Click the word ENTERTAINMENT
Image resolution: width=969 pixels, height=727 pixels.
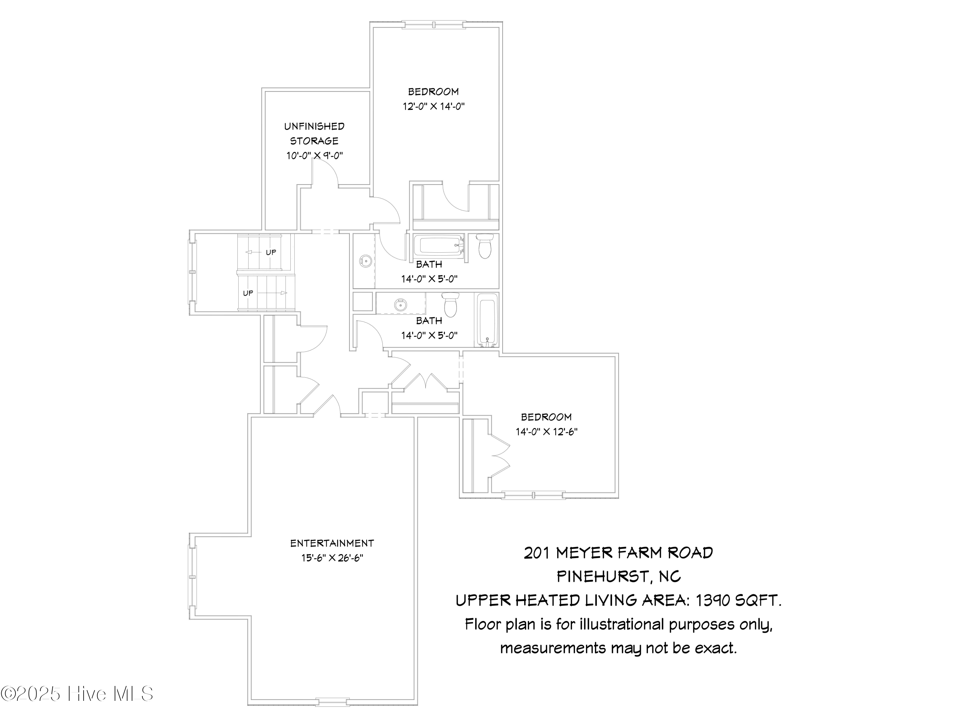332,543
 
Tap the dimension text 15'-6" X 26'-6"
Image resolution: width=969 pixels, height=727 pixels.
332,558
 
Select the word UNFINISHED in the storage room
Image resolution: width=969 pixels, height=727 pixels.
314,127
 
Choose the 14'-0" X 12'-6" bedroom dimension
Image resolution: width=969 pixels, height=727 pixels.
546,432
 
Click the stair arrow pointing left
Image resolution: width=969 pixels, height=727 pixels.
254,252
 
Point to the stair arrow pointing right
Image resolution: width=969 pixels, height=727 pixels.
272,293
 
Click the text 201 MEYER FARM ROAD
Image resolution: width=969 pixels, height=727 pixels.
619,553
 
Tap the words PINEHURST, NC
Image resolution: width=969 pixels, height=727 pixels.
619,577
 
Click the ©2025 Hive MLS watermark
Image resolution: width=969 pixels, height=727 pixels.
77,694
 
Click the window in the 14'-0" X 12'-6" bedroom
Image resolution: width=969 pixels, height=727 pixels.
533,496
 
